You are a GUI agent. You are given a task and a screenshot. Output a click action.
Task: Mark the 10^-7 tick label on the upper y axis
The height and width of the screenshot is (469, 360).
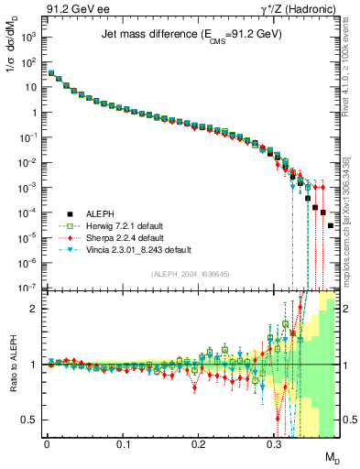click(x=29, y=288)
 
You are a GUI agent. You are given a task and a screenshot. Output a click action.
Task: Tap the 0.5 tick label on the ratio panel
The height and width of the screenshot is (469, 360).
click(x=32, y=420)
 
